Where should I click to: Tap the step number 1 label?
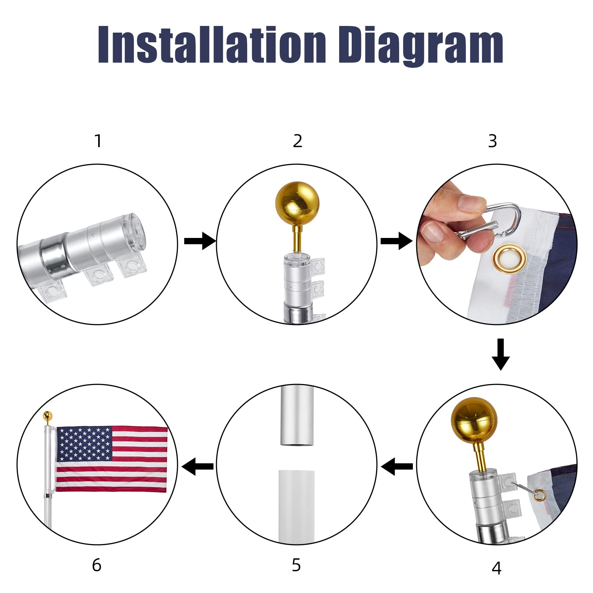(98, 141)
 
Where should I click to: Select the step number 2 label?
(297, 141)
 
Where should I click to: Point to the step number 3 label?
(492, 141)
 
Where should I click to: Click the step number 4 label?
(496, 568)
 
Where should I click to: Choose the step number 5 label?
(296, 565)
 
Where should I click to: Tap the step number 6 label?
(96, 565)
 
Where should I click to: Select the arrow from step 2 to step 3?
(396, 242)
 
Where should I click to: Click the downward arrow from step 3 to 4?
(500, 354)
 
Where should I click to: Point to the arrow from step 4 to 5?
(397, 466)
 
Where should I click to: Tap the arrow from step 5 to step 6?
(198, 466)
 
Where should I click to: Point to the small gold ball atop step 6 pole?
(47, 415)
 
